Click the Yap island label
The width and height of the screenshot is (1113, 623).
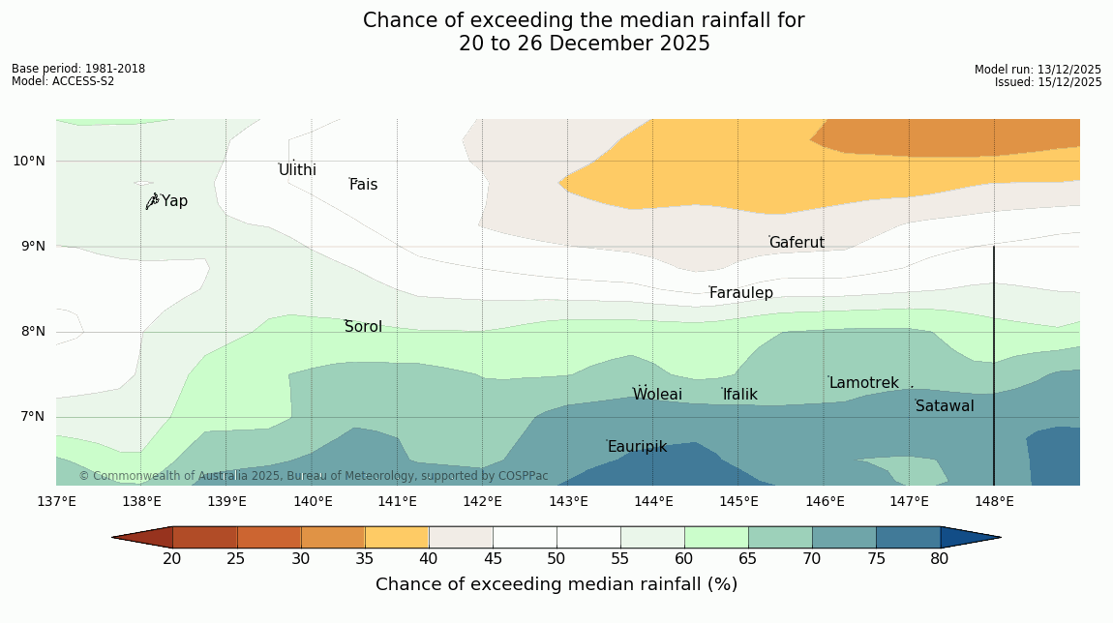point(175,201)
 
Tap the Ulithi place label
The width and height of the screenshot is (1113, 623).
point(297,170)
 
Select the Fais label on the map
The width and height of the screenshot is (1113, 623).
point(364,185)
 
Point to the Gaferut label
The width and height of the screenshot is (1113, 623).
point(797,243)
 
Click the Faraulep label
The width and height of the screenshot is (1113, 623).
point(741,293)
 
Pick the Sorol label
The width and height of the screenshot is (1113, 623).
point(363,327)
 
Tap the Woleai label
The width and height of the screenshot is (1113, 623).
point(657,395)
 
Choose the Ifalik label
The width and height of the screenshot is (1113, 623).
point(740,395)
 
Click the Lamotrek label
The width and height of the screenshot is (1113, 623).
point(863,383)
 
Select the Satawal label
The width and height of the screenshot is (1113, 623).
point(945,406)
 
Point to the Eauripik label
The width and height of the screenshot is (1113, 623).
point(637,447)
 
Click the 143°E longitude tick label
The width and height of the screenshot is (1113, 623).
point(568,501)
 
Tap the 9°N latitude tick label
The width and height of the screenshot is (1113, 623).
point(29,247)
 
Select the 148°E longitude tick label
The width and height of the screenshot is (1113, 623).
point(994,501)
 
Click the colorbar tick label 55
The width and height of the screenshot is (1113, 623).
point(620,558)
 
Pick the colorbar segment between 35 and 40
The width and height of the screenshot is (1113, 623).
point(397,537)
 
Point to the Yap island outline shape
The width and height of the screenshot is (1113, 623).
point(152,201)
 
